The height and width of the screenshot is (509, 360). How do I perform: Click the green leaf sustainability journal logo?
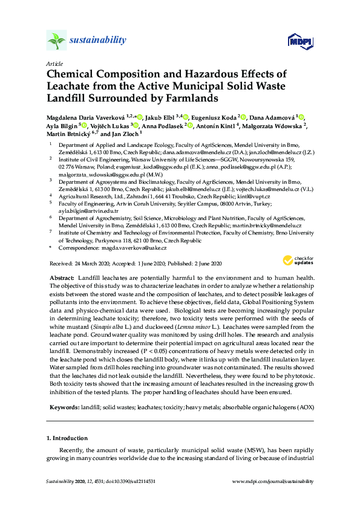[x=56, y=41]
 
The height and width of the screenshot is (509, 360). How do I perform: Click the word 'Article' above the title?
[x=54, y=63]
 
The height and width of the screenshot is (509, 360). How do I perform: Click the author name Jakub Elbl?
[x=163, y=117]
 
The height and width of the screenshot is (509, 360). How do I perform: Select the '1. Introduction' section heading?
[x=67, y=438]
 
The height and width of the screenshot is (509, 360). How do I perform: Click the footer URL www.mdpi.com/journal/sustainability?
[x=273, y=481]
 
